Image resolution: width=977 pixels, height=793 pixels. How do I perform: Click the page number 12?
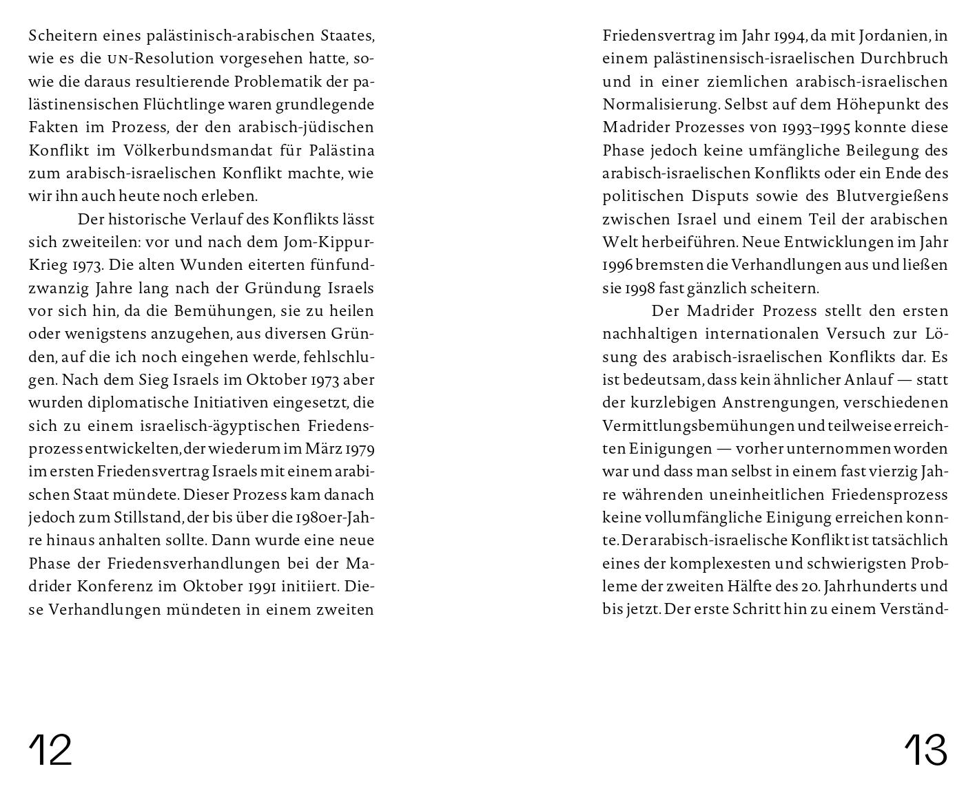tap(50, 749)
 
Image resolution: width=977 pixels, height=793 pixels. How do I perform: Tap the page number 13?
tap(925, 749)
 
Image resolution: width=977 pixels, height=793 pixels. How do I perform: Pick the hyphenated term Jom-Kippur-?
tap(329, 242)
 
